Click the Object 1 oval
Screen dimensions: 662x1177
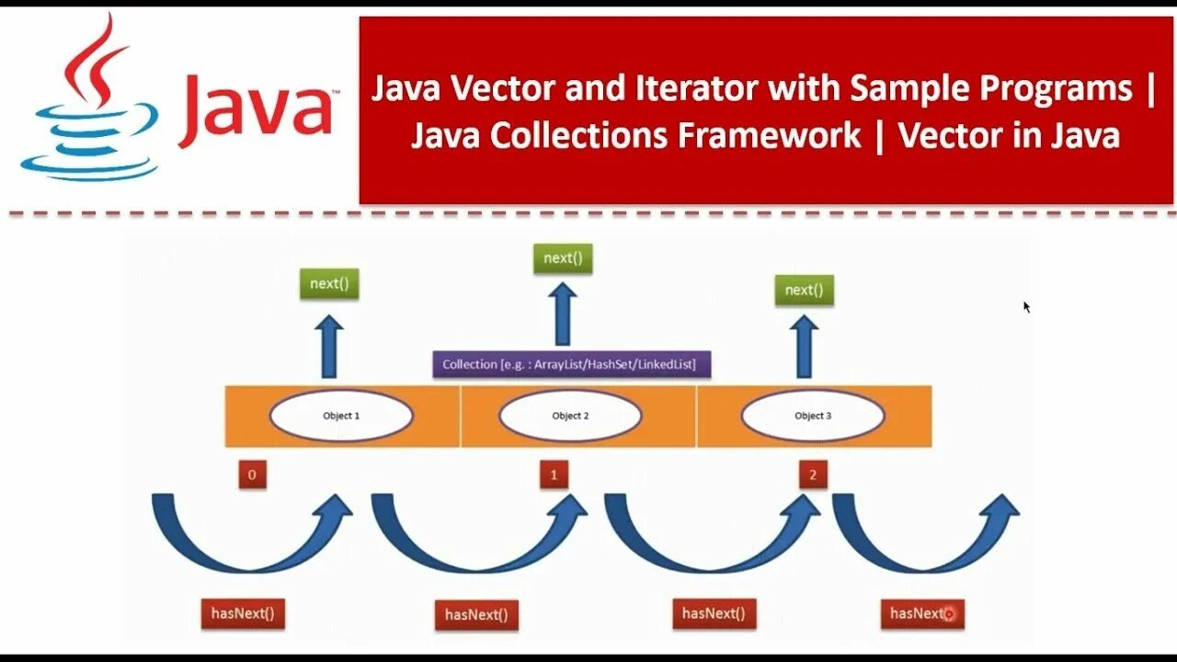341,416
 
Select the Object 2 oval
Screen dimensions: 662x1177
570,416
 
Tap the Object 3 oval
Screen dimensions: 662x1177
813,416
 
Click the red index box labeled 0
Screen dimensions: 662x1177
252,475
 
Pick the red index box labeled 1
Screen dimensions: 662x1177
554,475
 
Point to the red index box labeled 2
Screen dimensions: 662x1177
812,475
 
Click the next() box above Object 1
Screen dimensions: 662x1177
329,284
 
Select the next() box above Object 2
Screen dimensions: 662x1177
563,258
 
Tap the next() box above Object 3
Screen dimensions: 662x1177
804,291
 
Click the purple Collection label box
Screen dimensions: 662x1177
570,364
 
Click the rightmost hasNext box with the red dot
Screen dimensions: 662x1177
922,613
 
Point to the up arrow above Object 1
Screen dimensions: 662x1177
328,347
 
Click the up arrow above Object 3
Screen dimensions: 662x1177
806,347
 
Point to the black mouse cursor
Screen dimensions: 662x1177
1026,307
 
